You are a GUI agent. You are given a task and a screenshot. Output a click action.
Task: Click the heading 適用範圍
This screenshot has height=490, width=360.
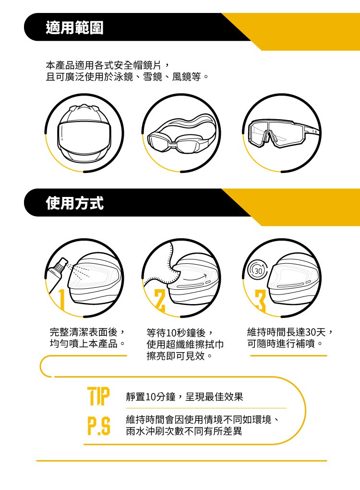74,27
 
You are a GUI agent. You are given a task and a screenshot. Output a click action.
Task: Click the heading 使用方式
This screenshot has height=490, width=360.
74,203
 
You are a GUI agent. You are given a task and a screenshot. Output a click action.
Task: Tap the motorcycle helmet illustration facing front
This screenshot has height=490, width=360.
84,134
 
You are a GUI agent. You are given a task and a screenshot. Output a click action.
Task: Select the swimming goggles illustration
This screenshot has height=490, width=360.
182,134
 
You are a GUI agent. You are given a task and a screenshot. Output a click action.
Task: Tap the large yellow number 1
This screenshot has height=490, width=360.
61,299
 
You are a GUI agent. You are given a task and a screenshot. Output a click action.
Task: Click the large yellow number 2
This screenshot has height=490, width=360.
160,300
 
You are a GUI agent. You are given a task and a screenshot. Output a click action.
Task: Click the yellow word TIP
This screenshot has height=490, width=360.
99,396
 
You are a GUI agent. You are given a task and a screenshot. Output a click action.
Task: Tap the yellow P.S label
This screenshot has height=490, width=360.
99,426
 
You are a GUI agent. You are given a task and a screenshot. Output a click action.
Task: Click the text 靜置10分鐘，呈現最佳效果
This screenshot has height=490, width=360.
184,397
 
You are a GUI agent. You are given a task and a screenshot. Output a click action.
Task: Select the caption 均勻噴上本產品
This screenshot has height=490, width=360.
84,343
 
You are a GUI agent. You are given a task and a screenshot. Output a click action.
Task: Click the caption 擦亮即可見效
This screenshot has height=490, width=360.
176,355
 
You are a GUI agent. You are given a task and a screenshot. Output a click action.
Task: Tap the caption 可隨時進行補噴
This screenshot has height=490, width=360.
281,343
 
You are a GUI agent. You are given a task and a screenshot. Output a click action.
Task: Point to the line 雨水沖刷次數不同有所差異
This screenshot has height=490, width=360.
184,431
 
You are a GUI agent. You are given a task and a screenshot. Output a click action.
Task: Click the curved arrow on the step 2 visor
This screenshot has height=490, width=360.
195,278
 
